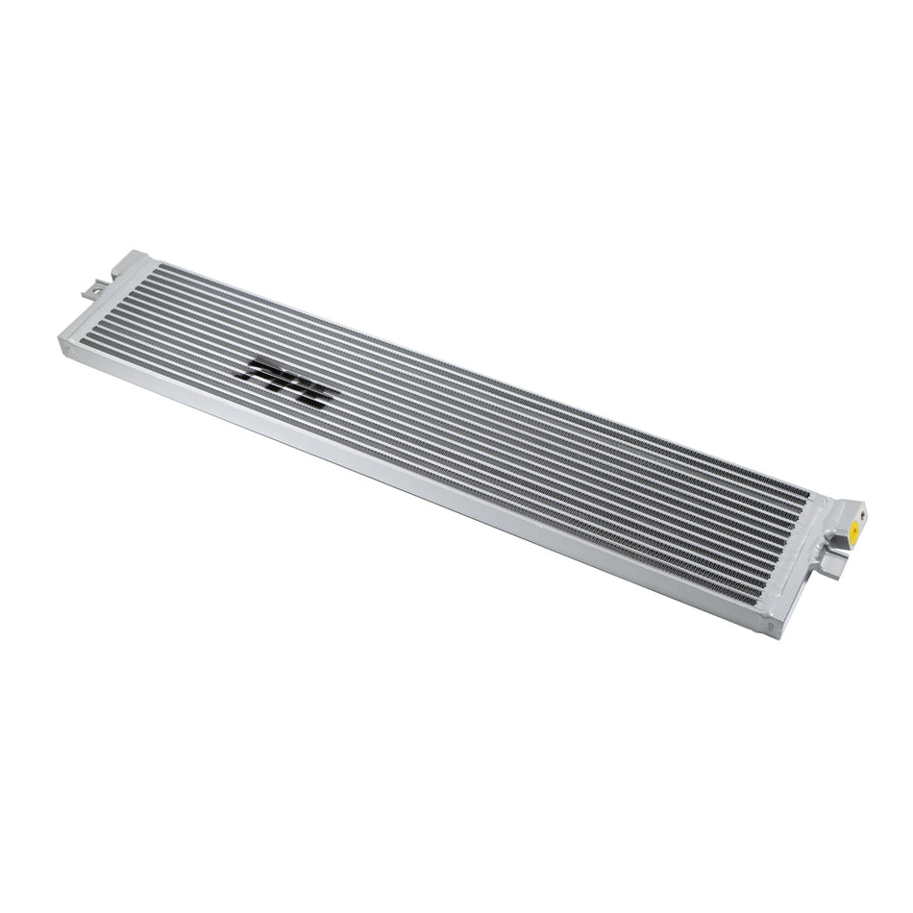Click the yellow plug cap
coord(851,530)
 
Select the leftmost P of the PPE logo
coord(260,369)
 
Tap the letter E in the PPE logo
coord(315,393)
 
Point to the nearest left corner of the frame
coord(66,345)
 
